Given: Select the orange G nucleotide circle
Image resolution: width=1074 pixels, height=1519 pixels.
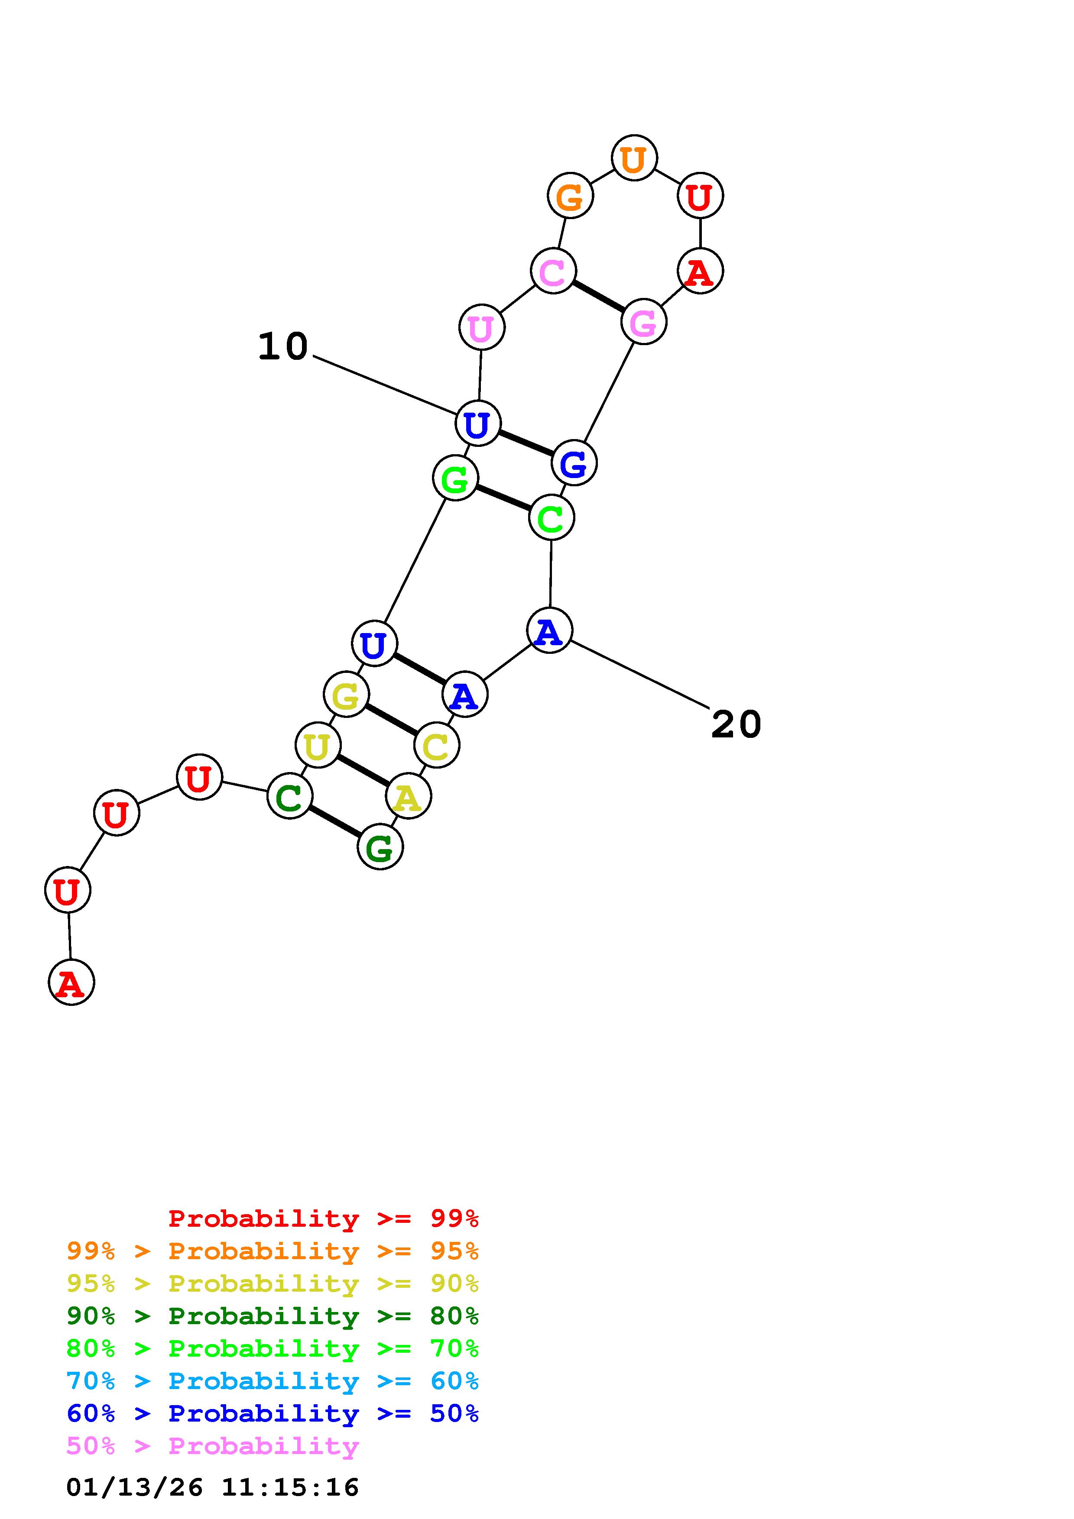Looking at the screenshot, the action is [x=570, y=196].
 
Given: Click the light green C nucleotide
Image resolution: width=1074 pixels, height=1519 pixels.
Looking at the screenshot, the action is [x=551, y=518].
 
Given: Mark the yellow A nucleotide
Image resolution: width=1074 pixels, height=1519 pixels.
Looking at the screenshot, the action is [x=408, y=797].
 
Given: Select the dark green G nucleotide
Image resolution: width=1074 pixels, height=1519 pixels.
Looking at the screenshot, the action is [x=380, y=847].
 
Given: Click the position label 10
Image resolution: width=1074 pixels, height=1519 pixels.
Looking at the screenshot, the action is [x=282, y=346].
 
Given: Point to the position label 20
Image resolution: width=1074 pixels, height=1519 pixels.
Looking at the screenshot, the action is [x=736, y=724].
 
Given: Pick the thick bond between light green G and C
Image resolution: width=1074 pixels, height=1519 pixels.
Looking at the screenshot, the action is [x=503, y=498].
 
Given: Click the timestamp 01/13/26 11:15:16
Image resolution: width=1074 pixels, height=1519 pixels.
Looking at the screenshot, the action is [x=212, y=1487].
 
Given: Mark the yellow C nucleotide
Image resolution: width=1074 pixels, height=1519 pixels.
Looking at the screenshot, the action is [x=437, y=746].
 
